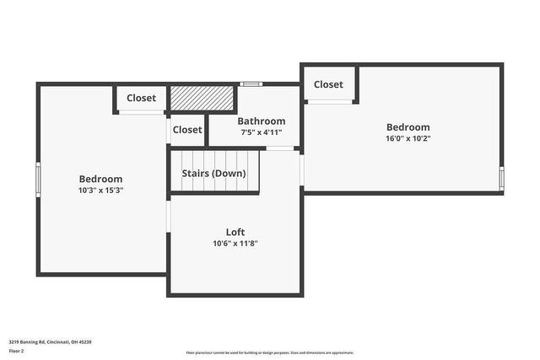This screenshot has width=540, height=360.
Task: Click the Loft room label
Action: click(x=235, y=232)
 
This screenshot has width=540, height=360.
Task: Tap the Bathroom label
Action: click(x=261, y=121)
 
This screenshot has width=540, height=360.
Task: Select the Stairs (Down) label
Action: click(x=214, y=174)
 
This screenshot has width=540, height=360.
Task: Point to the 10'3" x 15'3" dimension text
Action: click(x=100, y=191)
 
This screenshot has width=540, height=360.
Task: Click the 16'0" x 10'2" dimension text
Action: click(x=408, y=139)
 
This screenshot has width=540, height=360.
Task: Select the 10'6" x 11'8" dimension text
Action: click(x=235, y=244)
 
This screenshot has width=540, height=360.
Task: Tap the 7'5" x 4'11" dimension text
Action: click(x=261, y=132)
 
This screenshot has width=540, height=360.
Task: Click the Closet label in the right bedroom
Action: click(x=328, y=84)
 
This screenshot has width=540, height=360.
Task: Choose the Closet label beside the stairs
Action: click(x=187, y=130)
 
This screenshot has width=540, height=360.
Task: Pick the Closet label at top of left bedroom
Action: click(x=141, y=98)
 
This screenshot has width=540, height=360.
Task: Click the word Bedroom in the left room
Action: click(x=100, y=179)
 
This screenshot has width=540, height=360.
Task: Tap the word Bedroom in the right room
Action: click(x=408, y=127)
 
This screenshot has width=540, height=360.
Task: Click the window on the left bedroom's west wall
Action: click(x=37, y=179)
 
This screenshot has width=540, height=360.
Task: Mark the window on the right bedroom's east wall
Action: click(x=502, y=179)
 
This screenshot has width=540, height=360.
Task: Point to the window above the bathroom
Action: click(x=250, y=83)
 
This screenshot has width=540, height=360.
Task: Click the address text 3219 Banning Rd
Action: click(x=51, y=342)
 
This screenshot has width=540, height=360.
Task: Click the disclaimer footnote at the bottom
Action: click(x=270, y=353)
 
